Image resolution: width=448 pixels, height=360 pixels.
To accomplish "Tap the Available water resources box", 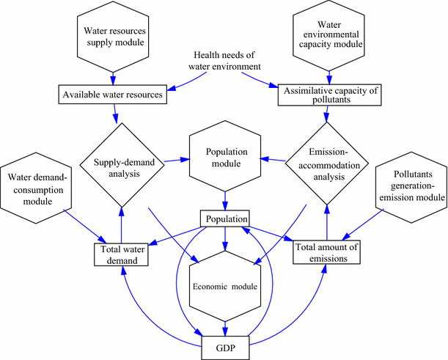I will click(x=114, y=94).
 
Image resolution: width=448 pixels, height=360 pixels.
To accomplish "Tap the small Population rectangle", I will click(x=225, y=218).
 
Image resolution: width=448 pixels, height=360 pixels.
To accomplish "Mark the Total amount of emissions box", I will click(x=327, y=252).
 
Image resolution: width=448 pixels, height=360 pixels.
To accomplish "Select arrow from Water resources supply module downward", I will click(x=113, y=77).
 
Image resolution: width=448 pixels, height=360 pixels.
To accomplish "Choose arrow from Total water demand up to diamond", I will click(x=120, y=224).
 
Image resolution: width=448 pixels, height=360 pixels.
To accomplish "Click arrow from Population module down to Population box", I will click(x=225, y=202).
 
